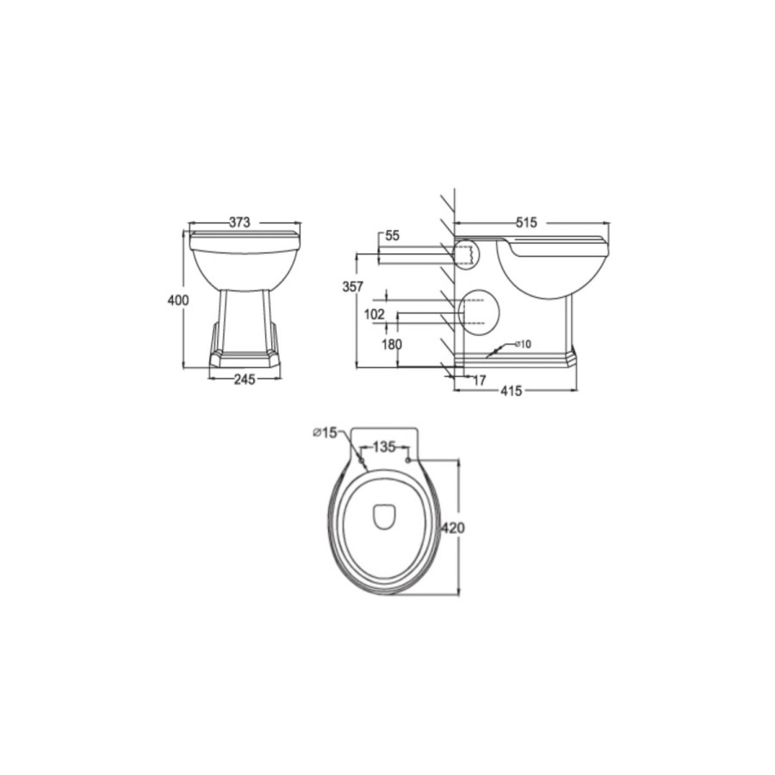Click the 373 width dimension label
(239, 222)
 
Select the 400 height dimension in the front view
(177, 300)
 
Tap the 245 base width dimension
(245, 380)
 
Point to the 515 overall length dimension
(525, 222)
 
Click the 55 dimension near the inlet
(392, 236)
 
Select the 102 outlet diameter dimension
(374, 315)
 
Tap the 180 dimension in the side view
(391, 344)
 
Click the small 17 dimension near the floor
(479, 379)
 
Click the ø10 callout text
(522, 344)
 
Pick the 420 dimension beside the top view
(453, 528)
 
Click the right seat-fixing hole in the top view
(407, 459)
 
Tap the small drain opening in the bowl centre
(384, 516)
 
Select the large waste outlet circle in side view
(480, 313)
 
